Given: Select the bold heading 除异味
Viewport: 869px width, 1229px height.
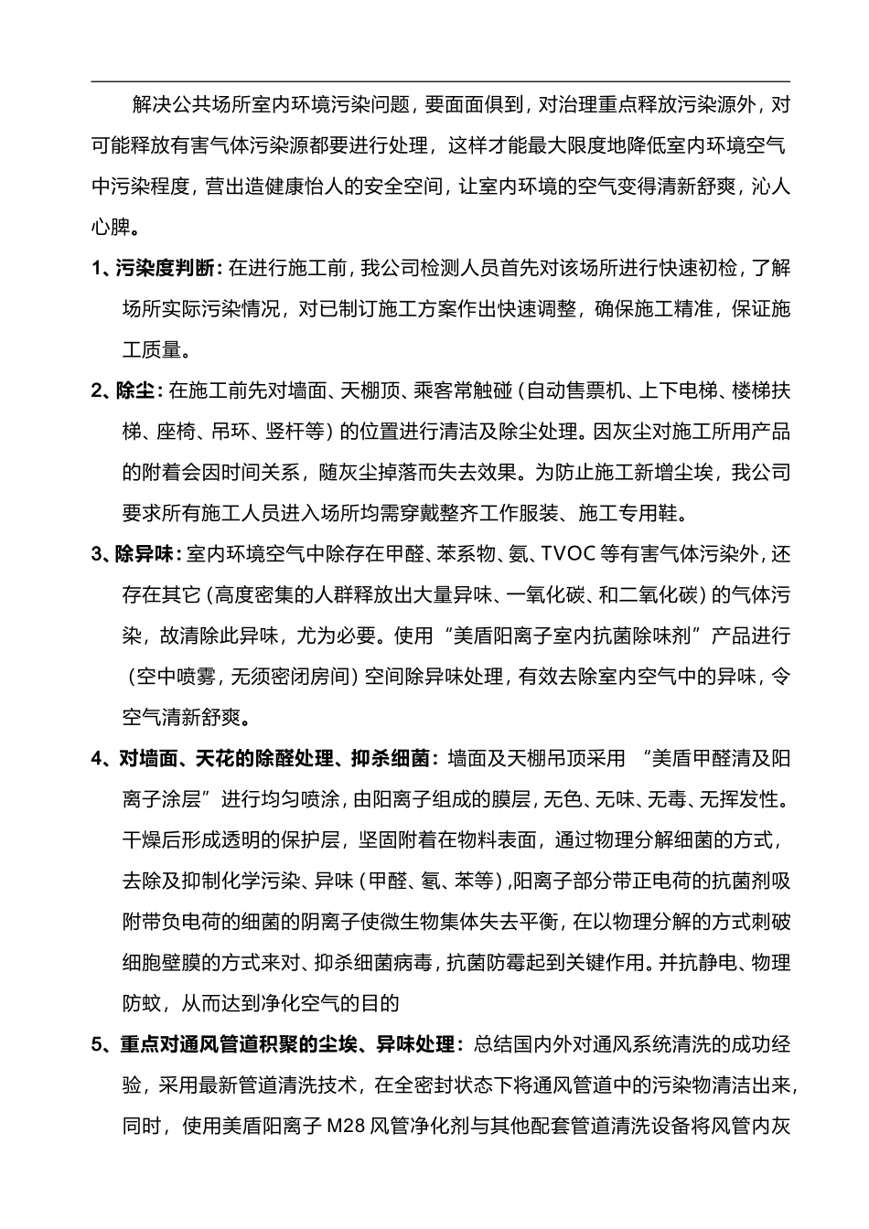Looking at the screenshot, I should pyautogui.click(x=147, y=555).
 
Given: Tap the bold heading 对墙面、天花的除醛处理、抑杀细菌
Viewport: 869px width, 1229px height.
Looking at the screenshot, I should pyautogui.click(x=274, y=758).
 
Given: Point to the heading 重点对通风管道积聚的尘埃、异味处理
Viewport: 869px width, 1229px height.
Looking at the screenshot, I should pyautogui.click(x=286, y=1044).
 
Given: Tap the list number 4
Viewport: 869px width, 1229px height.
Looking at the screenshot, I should pyautogui.click(x=98, y=758).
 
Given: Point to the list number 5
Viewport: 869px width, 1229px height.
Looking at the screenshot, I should pyautogui.click(x=98, y=1044).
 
